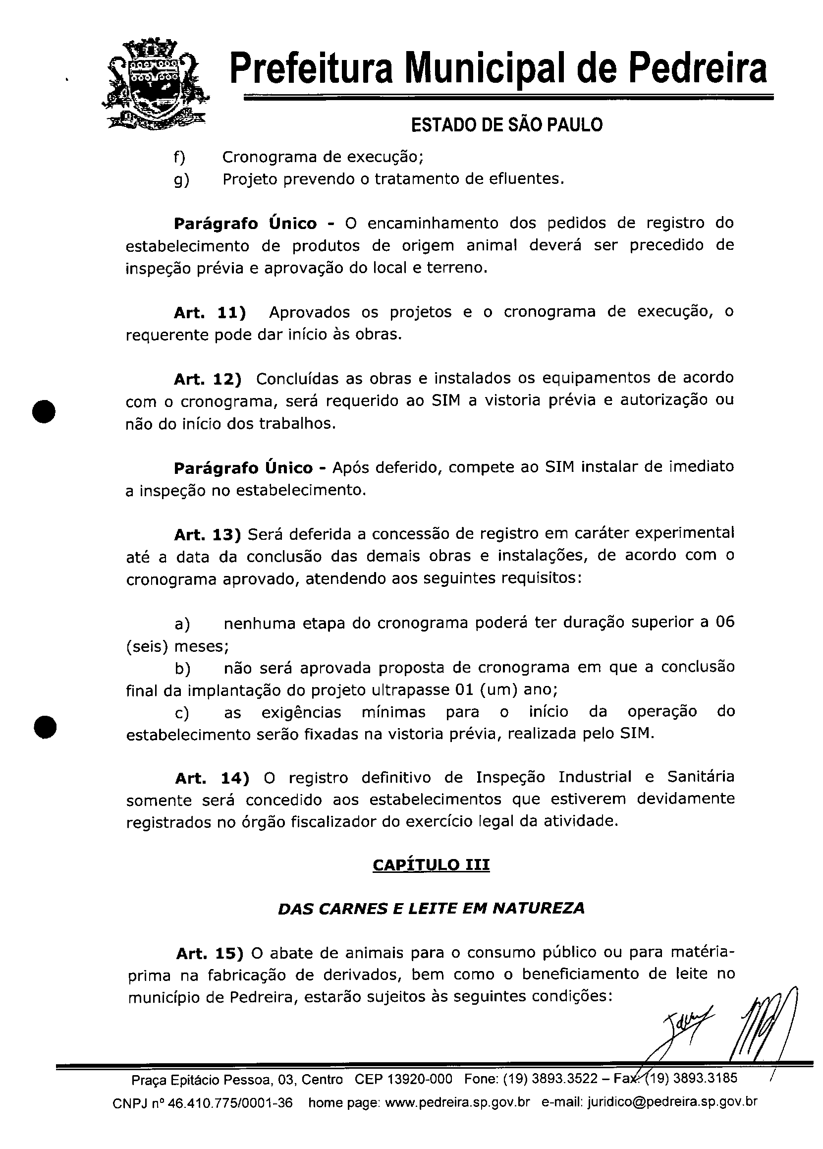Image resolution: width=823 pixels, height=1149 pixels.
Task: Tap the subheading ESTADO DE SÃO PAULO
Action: coord(506,124)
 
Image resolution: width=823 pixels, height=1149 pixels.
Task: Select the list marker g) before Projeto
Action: coord(181,179)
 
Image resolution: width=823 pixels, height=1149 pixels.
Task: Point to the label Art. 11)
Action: coord(210,313)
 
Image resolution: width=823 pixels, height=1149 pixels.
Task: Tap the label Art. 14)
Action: coord(212,778)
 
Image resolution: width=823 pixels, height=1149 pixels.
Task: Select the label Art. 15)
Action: coord(210,953)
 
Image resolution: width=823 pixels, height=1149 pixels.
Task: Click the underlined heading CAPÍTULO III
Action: coord(431,865)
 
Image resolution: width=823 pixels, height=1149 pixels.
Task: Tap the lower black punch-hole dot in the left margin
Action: coord(45,727)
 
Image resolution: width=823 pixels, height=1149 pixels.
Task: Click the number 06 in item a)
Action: coord(725,622)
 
